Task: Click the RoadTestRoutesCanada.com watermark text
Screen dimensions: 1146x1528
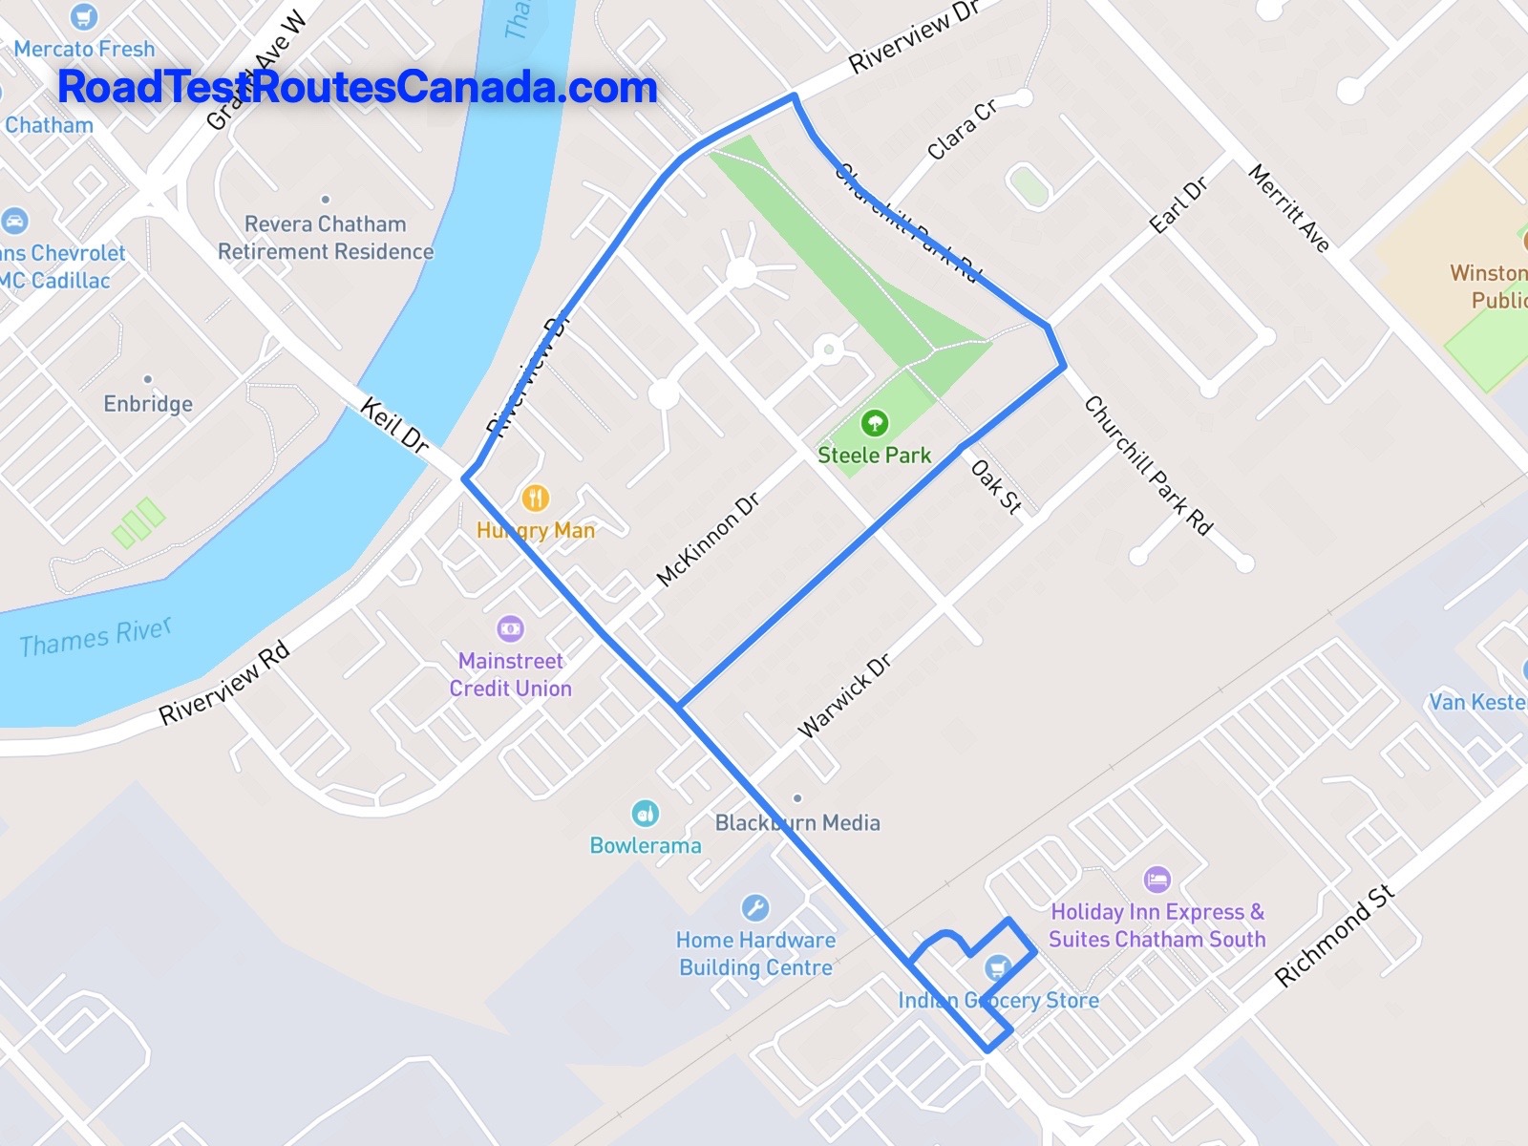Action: coord(357,87)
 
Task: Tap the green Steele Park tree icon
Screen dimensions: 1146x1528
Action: coord(874,422)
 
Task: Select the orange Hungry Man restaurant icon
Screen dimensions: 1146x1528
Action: coord(535,498)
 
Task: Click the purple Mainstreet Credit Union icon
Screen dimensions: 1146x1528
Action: coord(511,628)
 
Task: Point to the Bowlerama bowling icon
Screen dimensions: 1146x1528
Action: coord(646,814)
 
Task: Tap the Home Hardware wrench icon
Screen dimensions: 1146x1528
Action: coord(754,907)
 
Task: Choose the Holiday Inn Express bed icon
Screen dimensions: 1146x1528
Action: coord(1157,880)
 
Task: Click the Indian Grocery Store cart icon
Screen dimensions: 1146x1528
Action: coord(998,968)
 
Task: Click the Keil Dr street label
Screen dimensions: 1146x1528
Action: coord(393,425)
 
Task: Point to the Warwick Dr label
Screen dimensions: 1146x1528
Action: coord(844,696)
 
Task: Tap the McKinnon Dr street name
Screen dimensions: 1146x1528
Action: coord(708,540)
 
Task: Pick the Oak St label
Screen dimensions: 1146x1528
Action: coord(996,487)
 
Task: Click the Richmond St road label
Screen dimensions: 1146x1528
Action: coord(1334,936)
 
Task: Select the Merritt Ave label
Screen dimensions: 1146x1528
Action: coord(1289,207)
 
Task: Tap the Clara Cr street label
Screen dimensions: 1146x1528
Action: coord(962,129)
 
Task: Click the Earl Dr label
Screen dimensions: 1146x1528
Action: coord(1178,205)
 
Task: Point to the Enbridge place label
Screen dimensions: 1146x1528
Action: coord(148,404)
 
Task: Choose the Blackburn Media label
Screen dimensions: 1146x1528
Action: coord(797,822)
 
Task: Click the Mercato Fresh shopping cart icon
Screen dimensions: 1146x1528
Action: coord(84,16)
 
